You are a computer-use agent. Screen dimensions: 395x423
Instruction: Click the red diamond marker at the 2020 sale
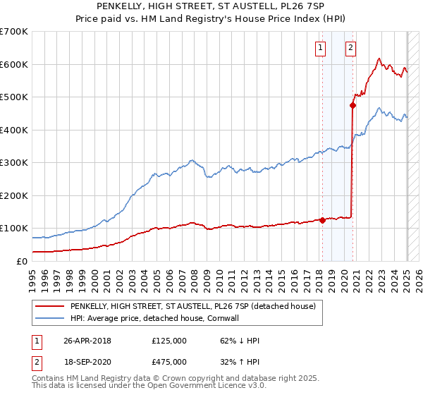(x=352, y=106)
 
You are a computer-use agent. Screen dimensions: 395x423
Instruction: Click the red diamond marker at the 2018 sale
(x=322, y=220)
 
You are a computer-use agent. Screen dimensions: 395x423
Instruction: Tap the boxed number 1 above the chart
(x=321, y=48)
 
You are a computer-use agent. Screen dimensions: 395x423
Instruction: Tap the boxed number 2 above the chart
(x=350, y=48)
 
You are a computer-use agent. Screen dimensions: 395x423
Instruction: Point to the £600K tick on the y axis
(x=14, y=64)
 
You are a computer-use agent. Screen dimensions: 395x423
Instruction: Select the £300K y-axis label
(x=14, y=163)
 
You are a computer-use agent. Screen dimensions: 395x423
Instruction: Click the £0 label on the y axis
(x=22, y=261)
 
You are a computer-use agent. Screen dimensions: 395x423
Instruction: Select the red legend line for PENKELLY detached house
(x=50, y=306)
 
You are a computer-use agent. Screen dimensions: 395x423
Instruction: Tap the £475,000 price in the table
(x=169, y=362)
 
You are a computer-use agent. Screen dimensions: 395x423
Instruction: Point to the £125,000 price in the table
(x=169, y=341)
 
